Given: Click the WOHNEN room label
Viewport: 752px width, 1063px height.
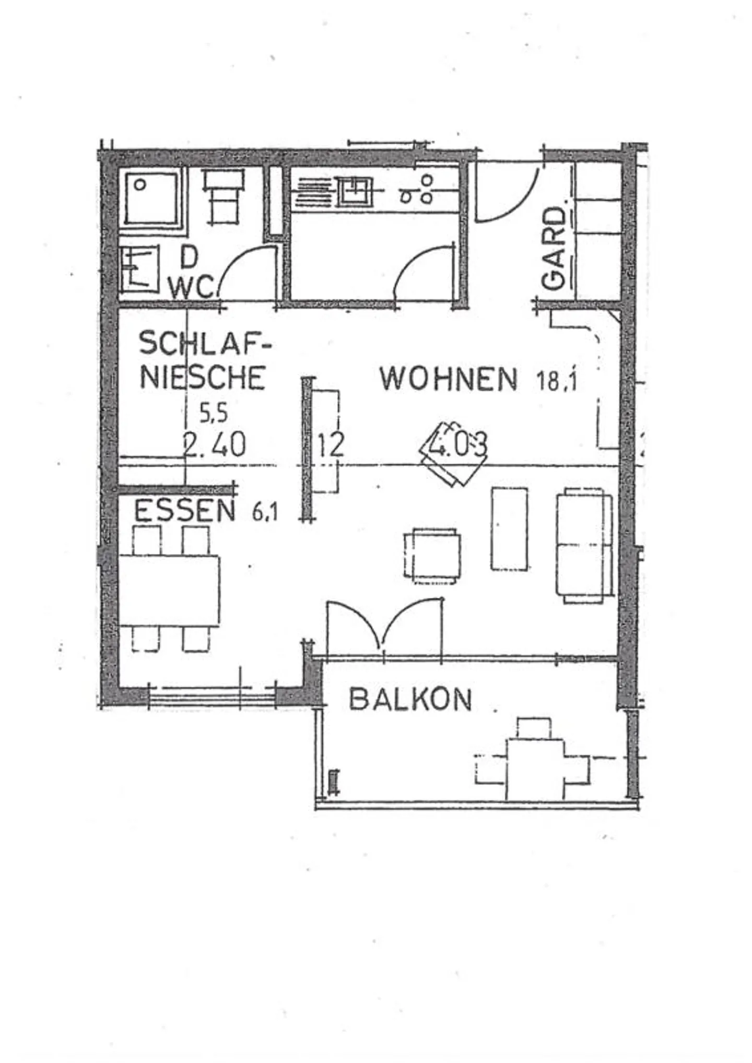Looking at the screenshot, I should pyautogui.click(x=448, y=379).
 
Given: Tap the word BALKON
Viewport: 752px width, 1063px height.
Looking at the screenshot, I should pyautogui.click(x=410, y=699).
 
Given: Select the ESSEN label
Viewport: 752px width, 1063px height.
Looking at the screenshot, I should pyautogui.click(x=185, y=511).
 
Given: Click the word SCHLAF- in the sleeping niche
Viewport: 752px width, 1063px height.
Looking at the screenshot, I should pyautogui.click(x=205, y=344).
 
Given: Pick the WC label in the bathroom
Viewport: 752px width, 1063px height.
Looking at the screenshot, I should pyautogui.click(x=191, y=287).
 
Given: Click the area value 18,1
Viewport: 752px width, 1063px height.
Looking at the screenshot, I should pyautogui.click(x=557, y=380).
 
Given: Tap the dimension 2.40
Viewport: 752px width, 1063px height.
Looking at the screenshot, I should pyautogui.click(x=215, y=445).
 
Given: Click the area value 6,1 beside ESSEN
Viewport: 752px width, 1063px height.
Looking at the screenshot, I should pyautogui.click(x=265, y=513).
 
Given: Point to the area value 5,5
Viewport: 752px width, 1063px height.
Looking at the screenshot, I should pyautogui.click(x=214, y=413).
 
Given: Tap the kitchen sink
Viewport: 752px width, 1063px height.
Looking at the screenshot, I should pyautogui.click(x=355, y=190).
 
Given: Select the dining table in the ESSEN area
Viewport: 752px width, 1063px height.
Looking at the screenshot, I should pyautogui.click(x=169, y=591).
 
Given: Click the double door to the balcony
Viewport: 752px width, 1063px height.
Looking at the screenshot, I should pyautogui.click(x=384, y=627).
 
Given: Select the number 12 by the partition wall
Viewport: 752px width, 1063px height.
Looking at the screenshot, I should pyautogui.click(x=331, y=445).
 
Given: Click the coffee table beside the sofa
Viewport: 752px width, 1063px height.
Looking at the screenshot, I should pyautogui.click(x=509, y=528).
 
